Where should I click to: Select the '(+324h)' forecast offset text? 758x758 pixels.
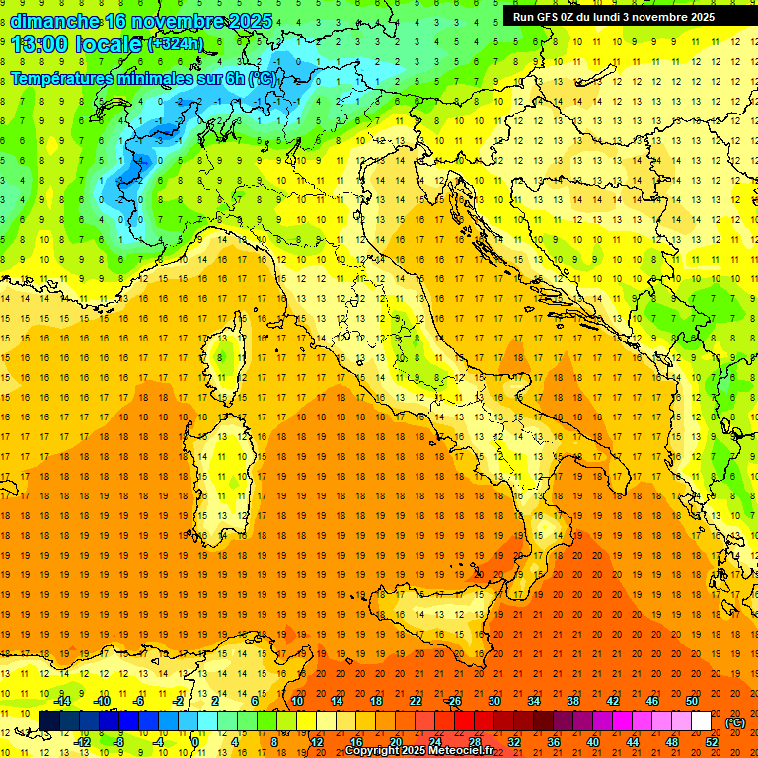click(176, 44)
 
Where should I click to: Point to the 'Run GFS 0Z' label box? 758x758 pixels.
click(622, 17)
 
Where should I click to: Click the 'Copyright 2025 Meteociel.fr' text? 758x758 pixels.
click(419, 751)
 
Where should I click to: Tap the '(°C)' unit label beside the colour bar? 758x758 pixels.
click(735, 722)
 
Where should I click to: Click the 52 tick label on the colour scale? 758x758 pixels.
click(712, 742)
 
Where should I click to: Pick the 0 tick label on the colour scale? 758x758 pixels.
click(196, 742)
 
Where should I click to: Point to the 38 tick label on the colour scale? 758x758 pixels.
click(573, 701)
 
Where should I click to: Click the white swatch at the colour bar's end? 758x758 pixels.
click(702, 721)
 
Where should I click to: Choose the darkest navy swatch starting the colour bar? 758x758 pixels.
click(49, 721)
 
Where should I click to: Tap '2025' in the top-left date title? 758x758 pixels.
click(251, 21)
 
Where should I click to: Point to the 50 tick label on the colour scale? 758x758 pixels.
click(692, 701)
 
